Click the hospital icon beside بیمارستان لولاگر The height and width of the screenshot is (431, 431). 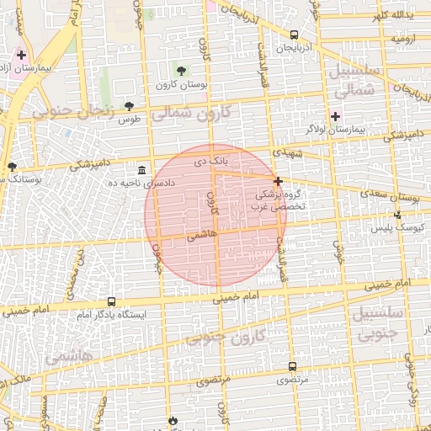tap(336, 115)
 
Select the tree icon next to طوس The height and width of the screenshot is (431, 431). tap(129, 106)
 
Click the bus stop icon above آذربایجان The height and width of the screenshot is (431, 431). tap(294, 35)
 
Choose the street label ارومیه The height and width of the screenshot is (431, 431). tap(404, 39)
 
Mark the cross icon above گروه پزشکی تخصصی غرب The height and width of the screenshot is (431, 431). tap(278, 181)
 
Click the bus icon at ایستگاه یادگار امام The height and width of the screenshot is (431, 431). tap(112, 302)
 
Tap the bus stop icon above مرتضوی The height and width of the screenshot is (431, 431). tap(292, 367)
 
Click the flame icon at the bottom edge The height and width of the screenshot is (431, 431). tap(173, 419)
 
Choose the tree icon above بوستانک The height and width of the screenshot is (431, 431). tap(12, 167)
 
